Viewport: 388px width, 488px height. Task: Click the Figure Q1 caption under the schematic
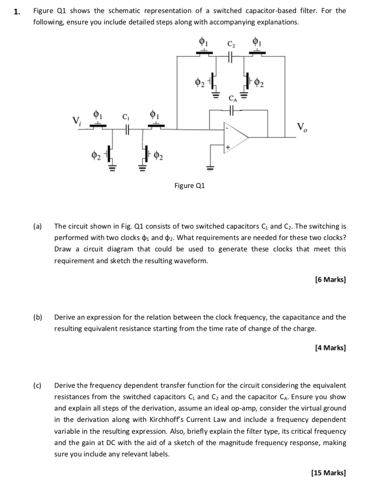point(189,186)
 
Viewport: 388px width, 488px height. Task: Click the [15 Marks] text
point(329,473)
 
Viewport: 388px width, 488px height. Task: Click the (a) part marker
point(38,227)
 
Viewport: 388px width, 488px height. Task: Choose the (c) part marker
point(38,386)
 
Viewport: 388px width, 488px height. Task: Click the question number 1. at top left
point(17,12)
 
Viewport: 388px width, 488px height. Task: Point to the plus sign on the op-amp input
point(228,149)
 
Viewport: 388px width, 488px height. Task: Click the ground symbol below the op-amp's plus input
point(211,167)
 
